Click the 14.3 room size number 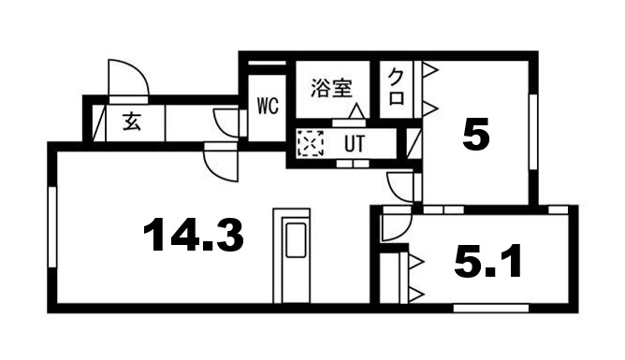point(195,235)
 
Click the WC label point(268,106)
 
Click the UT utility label point(355,144)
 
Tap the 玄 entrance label point(130,121)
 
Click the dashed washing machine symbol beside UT point(309,144)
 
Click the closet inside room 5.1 point(400,276)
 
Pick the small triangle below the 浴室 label point(355,111)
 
